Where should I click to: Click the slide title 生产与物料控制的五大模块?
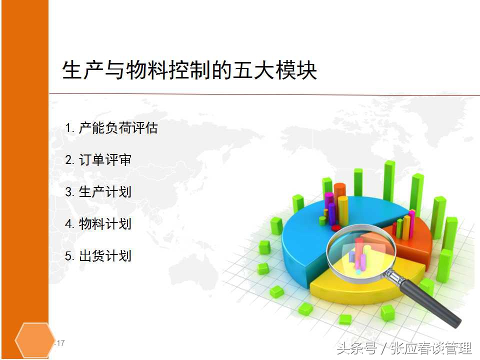click(189, 70)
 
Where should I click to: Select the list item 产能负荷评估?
click(118, 128)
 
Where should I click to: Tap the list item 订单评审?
click(105, 160)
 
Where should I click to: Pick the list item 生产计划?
click(105, 192)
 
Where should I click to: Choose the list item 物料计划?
click(105, 224)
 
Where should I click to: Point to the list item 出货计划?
click(105, 256)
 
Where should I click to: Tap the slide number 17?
click(61, 343)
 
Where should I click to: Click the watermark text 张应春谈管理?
click(431, 348)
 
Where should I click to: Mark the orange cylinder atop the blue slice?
click(340, 197)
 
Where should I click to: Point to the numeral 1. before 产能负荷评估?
click(70, 128)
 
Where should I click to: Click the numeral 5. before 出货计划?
click(70, 256)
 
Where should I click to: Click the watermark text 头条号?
click(356, 348)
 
